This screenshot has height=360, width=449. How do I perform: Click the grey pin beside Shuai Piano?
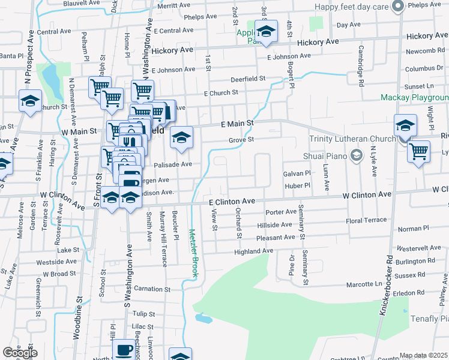[x=357, y=156]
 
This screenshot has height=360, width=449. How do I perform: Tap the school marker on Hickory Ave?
[x=266, y=31]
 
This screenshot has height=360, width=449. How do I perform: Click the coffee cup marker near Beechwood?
[x=125, y=350]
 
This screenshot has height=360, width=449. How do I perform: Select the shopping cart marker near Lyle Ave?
[x=418, y=151]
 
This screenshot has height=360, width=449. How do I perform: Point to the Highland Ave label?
[x=254, y=251]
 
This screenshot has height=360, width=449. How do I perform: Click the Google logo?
[x=20, y=353]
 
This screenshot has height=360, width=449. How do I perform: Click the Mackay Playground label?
[x=415, y=97]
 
